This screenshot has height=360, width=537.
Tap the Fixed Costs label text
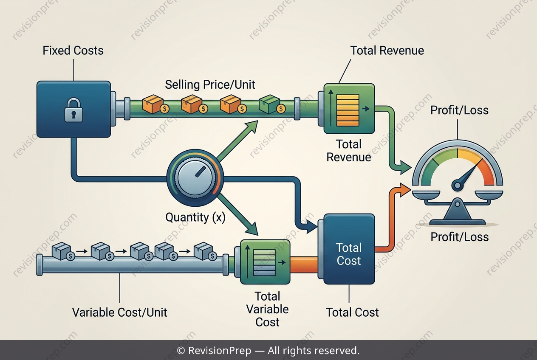[73, 51]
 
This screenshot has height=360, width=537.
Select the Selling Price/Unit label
[210, 84]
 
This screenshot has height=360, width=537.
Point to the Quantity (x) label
[195, 217]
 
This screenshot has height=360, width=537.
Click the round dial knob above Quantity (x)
[195, 178]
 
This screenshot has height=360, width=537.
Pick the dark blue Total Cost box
[349, 249]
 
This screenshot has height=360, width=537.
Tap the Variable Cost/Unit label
[120, 312]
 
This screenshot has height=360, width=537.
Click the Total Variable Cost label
[267, 309]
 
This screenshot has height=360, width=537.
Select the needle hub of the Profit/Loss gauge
[458, 185]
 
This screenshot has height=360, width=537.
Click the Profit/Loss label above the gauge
[459, 110]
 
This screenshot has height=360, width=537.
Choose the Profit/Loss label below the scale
[460, 237]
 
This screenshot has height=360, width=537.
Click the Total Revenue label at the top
[387, 51]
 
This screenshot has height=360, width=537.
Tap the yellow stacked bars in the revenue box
[348, 110]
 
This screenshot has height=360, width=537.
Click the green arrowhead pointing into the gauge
[406, 167]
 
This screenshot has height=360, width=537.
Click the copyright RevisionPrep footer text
[268, 350]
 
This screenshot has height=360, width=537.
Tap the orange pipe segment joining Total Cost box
[304, 264]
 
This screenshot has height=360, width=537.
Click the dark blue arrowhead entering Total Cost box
[312, 226]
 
